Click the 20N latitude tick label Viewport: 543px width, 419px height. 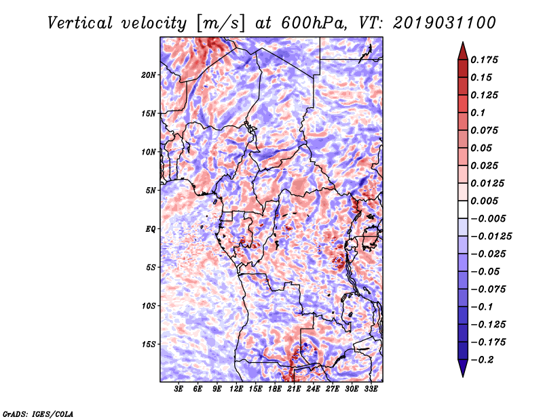[149, 75]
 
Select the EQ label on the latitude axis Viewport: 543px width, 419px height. [151, 229]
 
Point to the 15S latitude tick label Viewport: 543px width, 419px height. [149, 344]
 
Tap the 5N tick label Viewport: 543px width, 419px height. [151, 191]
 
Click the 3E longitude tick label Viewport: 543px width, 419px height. [179, 389]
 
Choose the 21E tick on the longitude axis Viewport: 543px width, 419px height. [294, 389]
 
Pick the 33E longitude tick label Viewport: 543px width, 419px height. [371, 389]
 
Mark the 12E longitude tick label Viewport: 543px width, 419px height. [236, 389]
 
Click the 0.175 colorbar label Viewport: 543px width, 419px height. [484, 60]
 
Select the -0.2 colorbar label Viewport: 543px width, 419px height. [482, 360]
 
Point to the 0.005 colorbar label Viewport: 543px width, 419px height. [484, 201]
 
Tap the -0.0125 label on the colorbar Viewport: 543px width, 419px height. [491, 237]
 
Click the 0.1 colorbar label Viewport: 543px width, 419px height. [478, 113]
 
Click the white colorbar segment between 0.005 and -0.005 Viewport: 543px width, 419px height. [463, 209]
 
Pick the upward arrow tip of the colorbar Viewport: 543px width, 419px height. [463, 43]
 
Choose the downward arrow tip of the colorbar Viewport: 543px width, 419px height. [463, 376]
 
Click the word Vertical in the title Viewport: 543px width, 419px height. [80, 23]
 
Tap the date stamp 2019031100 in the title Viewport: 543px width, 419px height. [445, 23]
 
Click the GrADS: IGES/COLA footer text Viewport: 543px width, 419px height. [38, 414]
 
